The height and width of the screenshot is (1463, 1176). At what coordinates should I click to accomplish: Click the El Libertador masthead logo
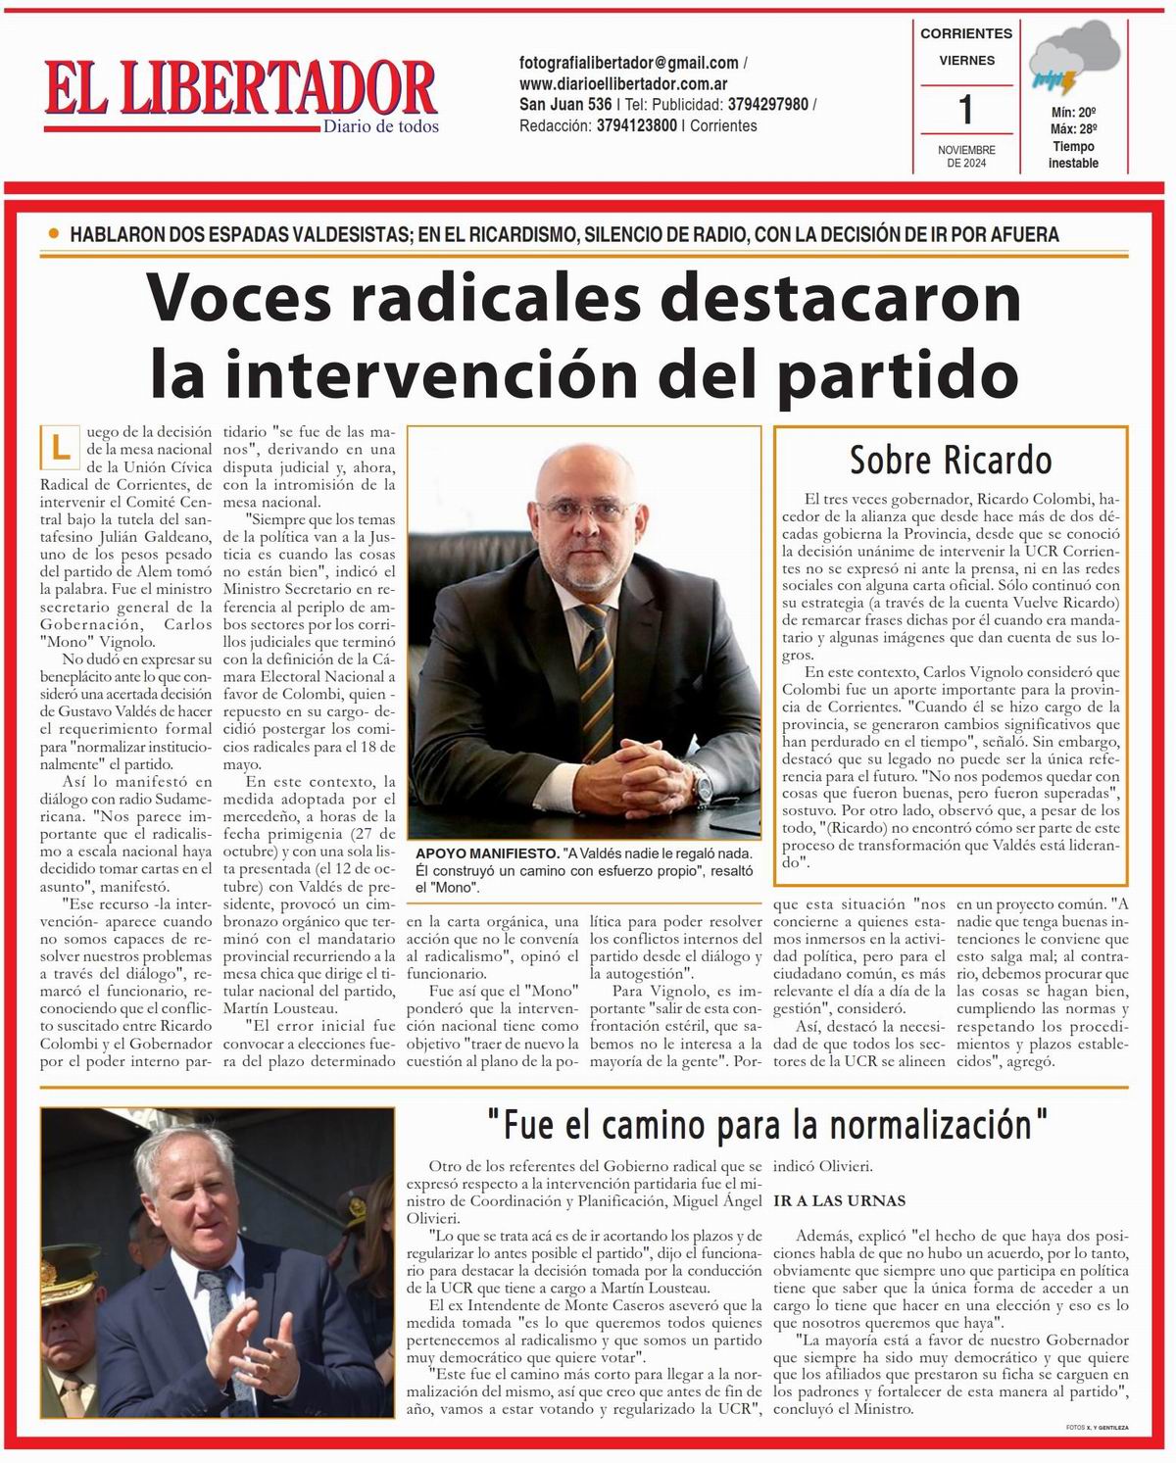point(240,90)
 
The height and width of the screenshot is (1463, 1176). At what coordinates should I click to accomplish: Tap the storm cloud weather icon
point(1075,62)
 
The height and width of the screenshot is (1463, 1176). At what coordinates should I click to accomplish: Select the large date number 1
point(966,109)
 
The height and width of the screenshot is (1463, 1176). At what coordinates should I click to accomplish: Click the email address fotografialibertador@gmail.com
point(628,63)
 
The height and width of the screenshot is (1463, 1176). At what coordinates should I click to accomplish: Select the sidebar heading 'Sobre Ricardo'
point(950,459)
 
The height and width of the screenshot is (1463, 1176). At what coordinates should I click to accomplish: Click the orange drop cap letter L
point(61,448)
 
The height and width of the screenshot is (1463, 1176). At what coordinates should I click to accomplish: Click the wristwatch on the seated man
point(704,785)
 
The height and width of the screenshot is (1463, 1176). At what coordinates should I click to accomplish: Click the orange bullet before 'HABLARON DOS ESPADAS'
point(53,234)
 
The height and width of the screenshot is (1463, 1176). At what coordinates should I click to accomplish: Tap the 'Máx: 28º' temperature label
point(1073,129)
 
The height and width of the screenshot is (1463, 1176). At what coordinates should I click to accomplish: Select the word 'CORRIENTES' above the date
point(966,33)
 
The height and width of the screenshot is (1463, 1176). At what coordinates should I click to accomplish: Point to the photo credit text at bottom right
point(1097,1428)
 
